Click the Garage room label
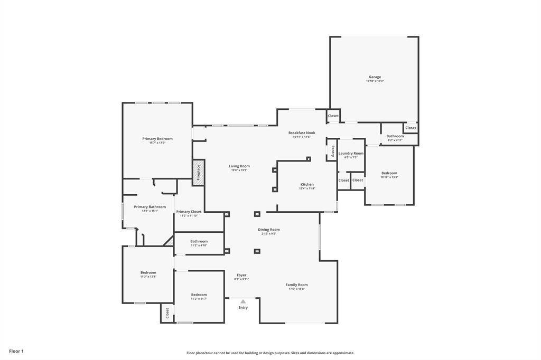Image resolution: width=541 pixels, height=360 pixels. coord(375,77)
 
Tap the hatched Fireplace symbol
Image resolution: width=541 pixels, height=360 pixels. coord(198,173)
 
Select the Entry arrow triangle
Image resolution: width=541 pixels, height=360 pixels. coord(243,301)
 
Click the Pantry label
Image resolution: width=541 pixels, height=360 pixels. coord(332,152)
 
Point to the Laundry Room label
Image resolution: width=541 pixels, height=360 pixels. coord(351,153)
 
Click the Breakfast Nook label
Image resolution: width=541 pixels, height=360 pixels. coord(302,133)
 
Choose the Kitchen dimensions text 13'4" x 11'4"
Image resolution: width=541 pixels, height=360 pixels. coord(307,188)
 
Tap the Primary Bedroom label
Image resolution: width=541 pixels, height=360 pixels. coord(157,139)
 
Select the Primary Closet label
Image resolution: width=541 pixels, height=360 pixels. coord(189,212)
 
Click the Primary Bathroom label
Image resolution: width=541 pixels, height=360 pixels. coord(150,207)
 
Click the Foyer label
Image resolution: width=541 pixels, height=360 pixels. coord(241,275)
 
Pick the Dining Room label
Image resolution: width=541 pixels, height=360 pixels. coord(269,230)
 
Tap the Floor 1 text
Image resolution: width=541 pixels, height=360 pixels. coord(16,351)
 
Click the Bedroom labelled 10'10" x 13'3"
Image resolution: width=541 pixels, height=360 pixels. coord(389,173)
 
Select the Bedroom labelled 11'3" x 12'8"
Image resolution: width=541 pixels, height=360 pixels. coord(148,272)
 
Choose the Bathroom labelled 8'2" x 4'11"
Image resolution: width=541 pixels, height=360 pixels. coord(395,136)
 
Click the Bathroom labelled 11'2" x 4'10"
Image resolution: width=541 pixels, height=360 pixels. coord(199,241)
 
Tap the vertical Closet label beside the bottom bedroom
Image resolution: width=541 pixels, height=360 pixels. coord(167,313)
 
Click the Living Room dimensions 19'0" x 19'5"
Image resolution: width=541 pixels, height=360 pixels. coord(239,170)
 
